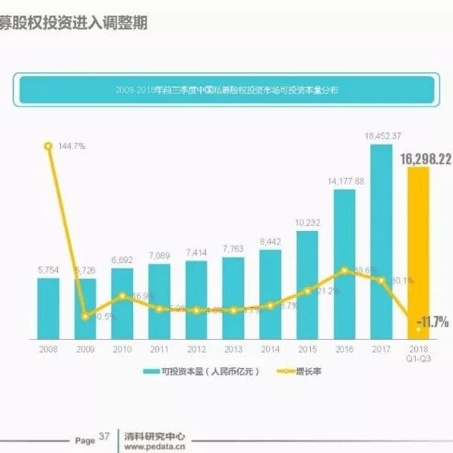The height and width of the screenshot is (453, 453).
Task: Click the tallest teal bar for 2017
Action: click(x=382, y=238)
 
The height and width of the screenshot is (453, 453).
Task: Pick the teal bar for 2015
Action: click(x=307, y=283)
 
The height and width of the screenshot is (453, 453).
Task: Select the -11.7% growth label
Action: click(x=432, y=322)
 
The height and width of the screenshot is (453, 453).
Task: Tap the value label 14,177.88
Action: click(x=344, y=181)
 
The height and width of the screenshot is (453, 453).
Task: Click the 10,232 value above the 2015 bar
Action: click(x=307, y=222)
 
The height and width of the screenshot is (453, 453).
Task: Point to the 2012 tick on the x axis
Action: click(x=196, y=348)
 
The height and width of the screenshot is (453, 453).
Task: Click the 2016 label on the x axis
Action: click(x=344, y=348)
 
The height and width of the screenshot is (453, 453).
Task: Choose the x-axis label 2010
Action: click(x=122, y=348)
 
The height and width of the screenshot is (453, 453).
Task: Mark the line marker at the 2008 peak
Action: click(x=48, y=146)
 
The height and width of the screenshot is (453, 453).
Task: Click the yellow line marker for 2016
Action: click(x=344, y=270)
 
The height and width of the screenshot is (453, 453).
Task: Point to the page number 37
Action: click(x=104, y=437)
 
